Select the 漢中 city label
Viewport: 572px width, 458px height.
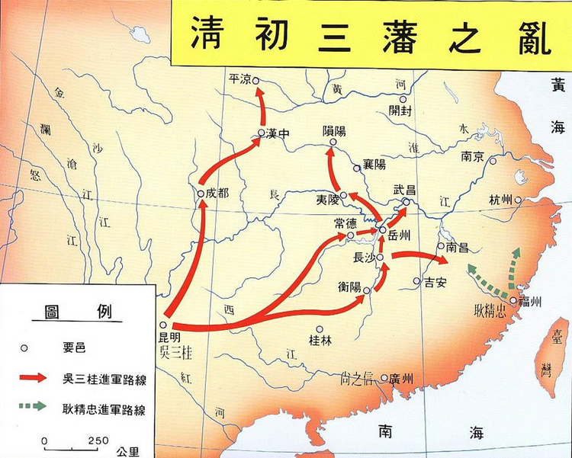point(280,133)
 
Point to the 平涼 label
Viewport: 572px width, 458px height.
point(239,79)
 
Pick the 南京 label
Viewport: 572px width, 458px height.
point(473,157)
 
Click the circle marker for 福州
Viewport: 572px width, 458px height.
point(513,301)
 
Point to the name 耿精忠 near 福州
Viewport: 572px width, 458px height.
point(490,311)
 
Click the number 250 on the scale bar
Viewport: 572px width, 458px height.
point(98,440)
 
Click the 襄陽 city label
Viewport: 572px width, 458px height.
point(374,165)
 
